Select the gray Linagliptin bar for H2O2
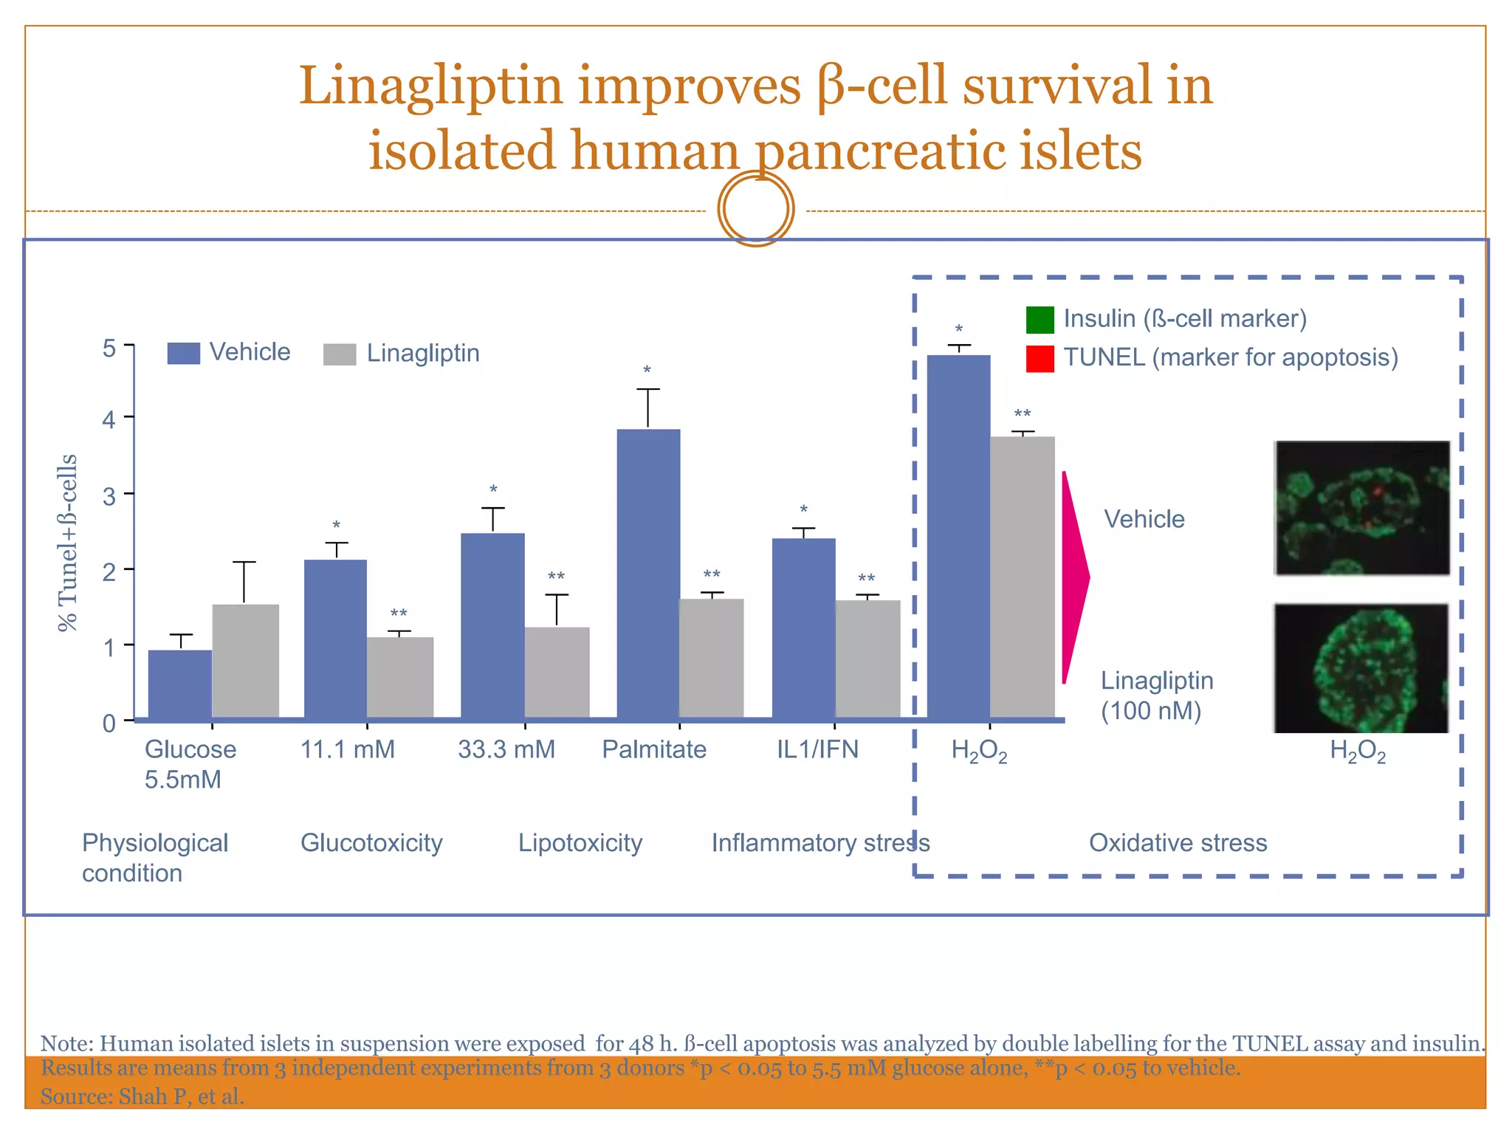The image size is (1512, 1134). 1022,577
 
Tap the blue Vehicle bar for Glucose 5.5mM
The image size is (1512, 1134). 180,683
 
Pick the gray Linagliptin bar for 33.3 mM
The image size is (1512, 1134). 557,672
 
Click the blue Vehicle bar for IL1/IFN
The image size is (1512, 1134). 803,628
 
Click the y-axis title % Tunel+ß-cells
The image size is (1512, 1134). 67,543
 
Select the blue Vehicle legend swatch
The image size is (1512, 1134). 184,354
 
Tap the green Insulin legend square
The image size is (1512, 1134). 1039,320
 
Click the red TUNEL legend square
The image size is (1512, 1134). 1039,359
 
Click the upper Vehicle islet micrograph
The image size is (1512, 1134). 1362,508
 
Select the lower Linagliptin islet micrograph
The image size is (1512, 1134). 1361,668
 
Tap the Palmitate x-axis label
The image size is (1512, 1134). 653,749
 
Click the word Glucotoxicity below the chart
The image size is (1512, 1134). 371,842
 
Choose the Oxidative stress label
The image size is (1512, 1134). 1178,842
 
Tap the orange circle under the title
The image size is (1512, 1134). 756,209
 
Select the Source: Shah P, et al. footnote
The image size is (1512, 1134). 142,1096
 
